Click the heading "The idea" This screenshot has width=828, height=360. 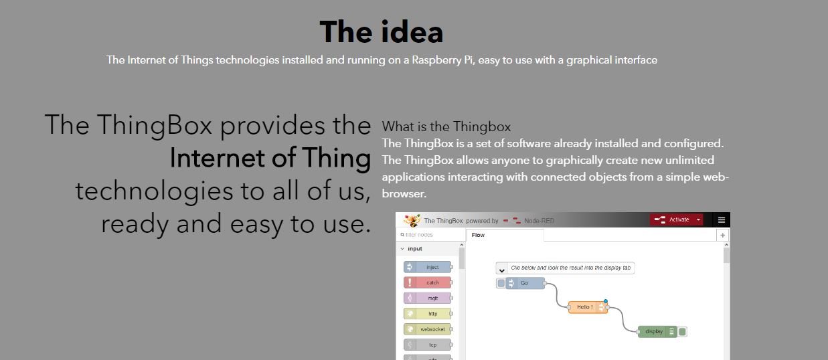click(381, 32)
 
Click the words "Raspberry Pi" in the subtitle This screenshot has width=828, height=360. click(442, 60)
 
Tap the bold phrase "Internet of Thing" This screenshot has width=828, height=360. click(270, 158)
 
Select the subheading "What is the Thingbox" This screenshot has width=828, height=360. click(446, 126)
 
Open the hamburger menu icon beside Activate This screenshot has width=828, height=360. click(721, 220)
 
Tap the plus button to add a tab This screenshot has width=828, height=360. click(722, 235)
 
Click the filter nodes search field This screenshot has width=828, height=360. click(430, 235)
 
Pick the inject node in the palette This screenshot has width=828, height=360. click(428, 267)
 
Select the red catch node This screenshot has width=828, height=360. click(428, 282)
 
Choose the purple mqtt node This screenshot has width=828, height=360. click(428, 298)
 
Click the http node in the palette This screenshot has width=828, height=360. click(428, 313)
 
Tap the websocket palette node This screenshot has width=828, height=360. click(428, 329)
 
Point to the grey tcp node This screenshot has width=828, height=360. click(428, 345)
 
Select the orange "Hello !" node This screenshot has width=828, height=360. click(588, 307)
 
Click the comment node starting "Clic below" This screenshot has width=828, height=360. click(565, 268)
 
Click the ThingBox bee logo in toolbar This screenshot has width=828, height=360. click(412, 220)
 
